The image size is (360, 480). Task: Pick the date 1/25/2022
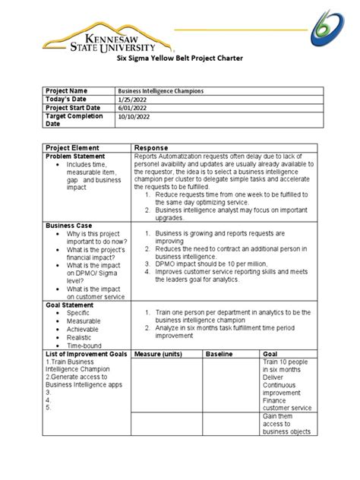(x=150, y=99)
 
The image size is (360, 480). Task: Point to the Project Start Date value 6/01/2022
(x=150, y=109)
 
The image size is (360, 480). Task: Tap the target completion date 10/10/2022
(x=152, y=118)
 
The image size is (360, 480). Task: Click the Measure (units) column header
(x=160, y=354)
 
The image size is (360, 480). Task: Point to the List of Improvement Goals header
(x=86, y=354)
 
